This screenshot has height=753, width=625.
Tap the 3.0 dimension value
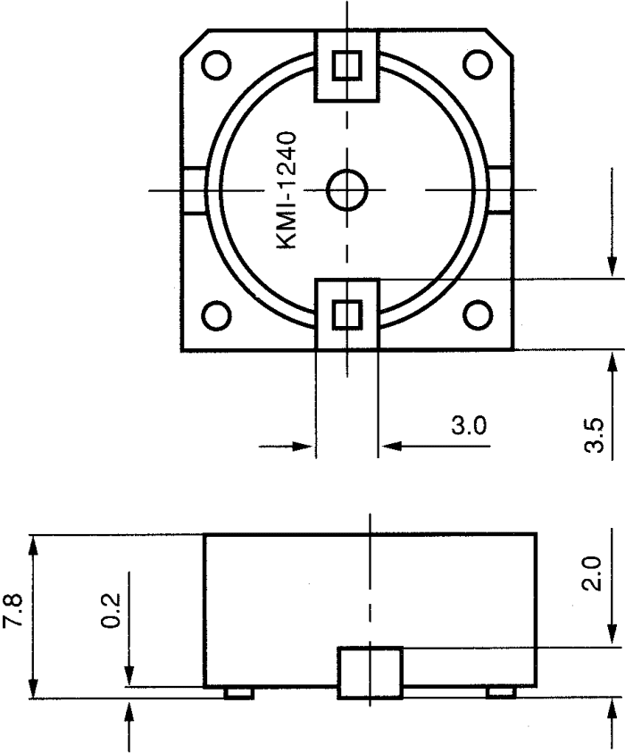[x=468, y=425]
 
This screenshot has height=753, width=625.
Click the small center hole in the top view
[x=346, y=188]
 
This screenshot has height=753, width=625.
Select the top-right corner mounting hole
[x=478, y=63]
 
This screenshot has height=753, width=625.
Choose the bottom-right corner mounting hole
[x=478, y=314]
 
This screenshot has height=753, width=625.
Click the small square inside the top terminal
[x=347, y=64]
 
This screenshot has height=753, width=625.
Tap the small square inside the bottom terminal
[x=347, y=314]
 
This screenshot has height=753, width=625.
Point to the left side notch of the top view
[x=195, y=189]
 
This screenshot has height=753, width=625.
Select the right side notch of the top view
[x=501, y=189]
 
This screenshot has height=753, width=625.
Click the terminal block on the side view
[x=370, y=673]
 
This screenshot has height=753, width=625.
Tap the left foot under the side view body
[x=238, y=692]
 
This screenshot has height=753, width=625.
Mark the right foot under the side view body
[x=500, y=692]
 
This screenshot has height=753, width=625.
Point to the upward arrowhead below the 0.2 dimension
[x=131, y=711]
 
